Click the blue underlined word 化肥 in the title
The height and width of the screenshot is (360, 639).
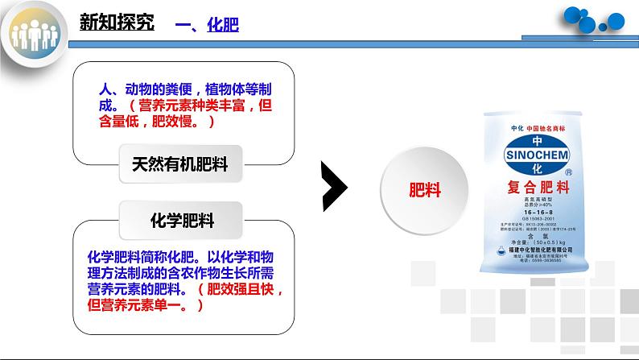223,27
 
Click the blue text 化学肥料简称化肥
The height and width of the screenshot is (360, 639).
142,257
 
